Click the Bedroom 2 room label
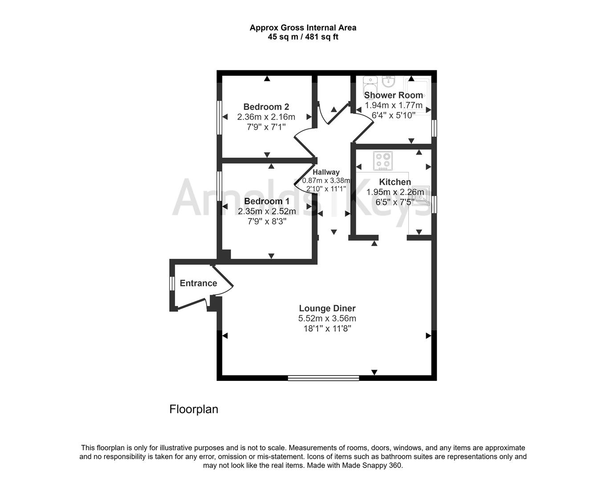(266, 107)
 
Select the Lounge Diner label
(327, 308)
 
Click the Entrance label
(198, 283)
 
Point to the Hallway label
(326, 172)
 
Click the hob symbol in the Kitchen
(383, 161)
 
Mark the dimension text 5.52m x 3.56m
(327, 318)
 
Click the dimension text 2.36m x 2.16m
(266, 117)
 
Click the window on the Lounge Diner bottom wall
(323, 378)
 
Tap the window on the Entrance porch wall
(171, 284)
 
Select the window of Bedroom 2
(219, 117)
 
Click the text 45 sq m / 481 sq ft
(303, 37)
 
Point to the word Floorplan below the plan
(194, 409)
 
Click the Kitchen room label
(395, 182)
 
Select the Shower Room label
(393, 95)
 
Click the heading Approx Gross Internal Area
(303, 28)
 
